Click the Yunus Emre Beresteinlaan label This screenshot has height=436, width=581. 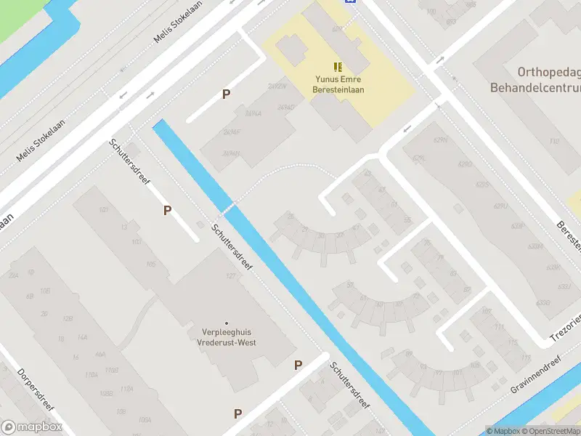point(339,84)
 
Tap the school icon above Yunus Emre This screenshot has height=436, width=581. point(338,66)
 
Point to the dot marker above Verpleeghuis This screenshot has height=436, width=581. point(227,323)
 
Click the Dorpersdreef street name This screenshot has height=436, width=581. point(36,392)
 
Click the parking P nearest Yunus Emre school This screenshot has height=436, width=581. point(227,94)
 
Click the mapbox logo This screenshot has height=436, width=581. point(31,427)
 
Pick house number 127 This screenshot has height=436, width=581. point(231,276)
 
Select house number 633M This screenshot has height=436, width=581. point(535,247)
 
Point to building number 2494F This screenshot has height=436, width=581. point(232,133)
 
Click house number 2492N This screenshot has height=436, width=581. point(277,86)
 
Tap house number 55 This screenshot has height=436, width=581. point(407,219)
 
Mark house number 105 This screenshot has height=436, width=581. point(151,264)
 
